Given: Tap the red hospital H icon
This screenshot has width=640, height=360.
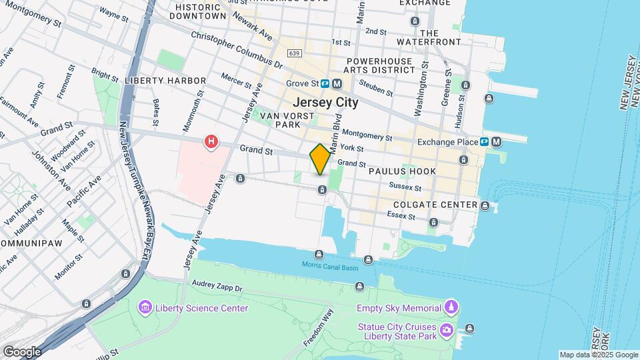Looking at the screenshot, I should point(211,142).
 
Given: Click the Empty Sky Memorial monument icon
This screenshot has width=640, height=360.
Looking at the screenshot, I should point(451,307).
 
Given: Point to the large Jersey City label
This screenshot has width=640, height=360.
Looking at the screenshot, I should point(325,103).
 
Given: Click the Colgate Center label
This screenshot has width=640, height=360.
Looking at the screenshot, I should point(435,205).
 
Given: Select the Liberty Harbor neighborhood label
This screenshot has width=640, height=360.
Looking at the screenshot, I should point(165,81).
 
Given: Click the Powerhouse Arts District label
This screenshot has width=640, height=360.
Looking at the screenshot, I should point(380,65).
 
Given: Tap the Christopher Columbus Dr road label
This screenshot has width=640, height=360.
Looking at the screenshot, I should point(236,49).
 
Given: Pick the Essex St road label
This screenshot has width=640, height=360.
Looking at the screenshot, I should point(403,217).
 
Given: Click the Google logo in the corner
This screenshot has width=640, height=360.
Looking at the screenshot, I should point(23,351).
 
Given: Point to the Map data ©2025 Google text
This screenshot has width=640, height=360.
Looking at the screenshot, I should point(598,355).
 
